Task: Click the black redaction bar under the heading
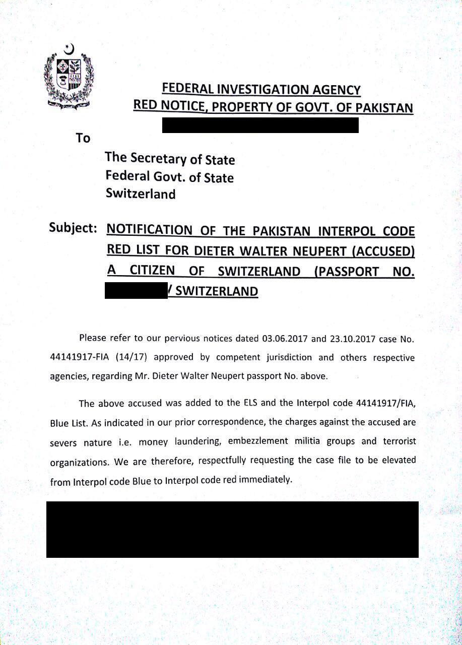pyautogui.click(x=260, y=125)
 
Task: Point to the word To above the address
pyautogui.click(x=83, y=138)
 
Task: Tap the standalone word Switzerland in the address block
pyautogui.click(x=141, y=193)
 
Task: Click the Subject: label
pyautogui.click(x=73, y=227)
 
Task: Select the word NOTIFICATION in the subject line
pyautogui.click(x=150, y=230)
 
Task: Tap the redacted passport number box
pyautogui.click(x=136, y=291)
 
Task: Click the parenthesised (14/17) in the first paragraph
pyautogui.click(x=130, y=358)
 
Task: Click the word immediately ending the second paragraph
pyautogui.click(x=266, y=480)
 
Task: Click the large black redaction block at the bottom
pyautogui.click(x=232, y=529)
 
